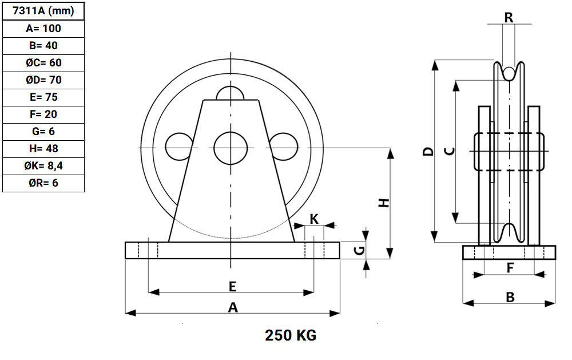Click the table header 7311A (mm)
[x=43, y=11]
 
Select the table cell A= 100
[x=43, y=29]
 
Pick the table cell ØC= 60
[x=43, y=63]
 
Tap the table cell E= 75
[x=43, y=97]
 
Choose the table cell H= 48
[x=43, y=149]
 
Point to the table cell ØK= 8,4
[x=43, y=166]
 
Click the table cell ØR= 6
[x=43, y=183]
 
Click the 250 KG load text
[x=291, y=335]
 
